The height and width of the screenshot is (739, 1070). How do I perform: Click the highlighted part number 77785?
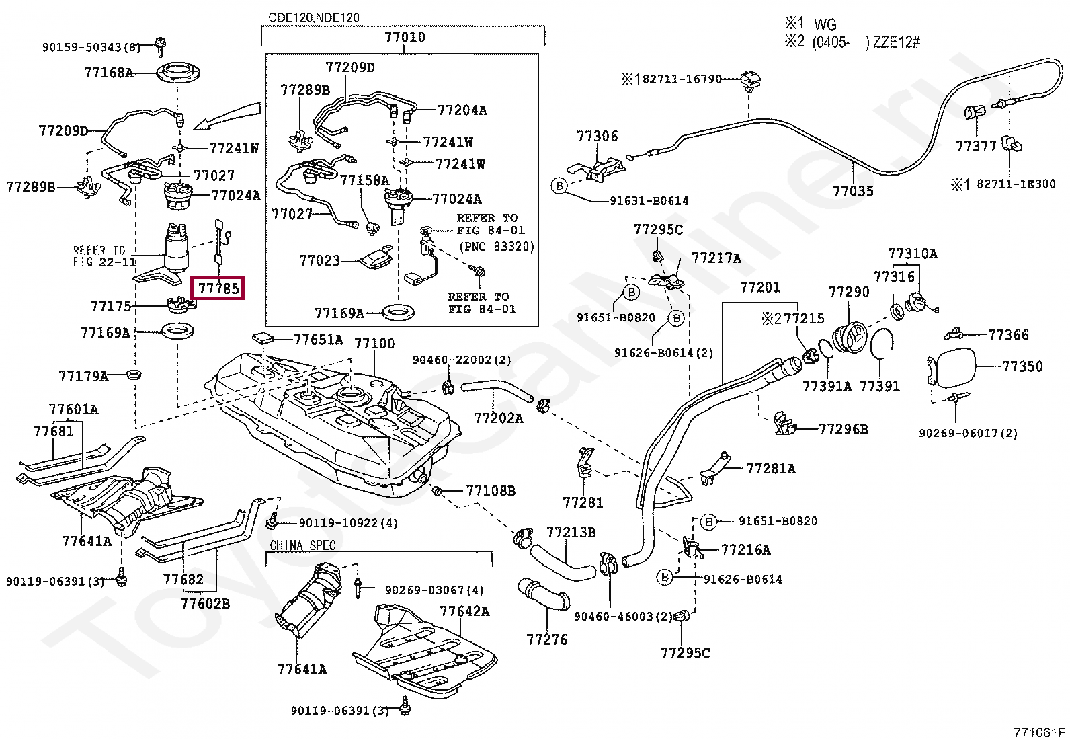[218, 289]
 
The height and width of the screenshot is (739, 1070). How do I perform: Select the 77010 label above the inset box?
[405, 38]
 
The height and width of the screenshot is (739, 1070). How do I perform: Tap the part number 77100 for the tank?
[374, 344]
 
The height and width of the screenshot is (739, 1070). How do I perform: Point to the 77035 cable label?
[853, 191]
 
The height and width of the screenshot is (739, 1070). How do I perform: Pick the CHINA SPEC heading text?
[302, 545]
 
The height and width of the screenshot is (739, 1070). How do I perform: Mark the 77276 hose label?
[547, 639]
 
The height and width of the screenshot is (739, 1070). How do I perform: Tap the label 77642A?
[464, 611]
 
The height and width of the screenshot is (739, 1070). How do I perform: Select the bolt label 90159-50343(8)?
[91, 47]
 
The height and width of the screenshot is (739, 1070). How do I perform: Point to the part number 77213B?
[571, 533]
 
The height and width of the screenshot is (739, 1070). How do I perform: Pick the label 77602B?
[205, 603]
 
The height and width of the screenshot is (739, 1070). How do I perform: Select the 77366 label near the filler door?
[1008, 334]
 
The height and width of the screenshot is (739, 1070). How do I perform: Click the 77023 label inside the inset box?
[319, 260]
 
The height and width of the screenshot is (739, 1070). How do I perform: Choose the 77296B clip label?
[843, 428]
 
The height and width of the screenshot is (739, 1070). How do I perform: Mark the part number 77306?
[597, 137]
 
